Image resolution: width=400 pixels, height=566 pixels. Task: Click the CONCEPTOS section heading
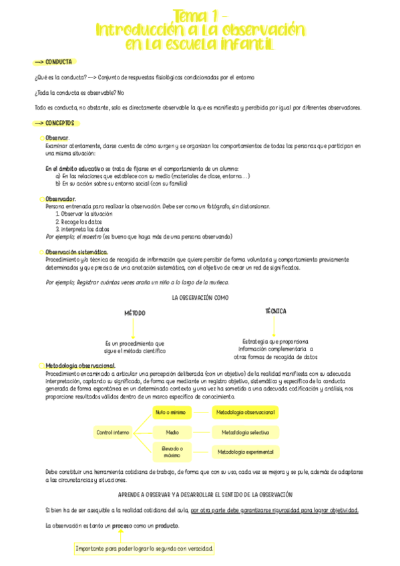59,123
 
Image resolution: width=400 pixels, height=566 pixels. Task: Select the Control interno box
113,432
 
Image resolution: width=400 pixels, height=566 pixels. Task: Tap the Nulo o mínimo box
170,412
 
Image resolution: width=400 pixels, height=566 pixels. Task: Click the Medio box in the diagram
172,432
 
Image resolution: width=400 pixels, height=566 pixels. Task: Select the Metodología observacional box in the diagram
244,412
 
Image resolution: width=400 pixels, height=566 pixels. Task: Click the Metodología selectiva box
244,432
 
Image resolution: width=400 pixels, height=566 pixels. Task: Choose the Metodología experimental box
244,452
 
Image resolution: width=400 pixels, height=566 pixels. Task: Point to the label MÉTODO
134,313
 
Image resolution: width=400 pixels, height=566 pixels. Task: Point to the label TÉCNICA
275,311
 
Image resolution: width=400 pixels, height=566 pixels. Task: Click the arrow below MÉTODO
134,328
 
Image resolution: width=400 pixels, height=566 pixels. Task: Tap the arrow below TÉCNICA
275,326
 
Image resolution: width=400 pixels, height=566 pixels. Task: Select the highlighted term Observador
60,199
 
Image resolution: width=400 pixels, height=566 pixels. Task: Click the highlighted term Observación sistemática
76,252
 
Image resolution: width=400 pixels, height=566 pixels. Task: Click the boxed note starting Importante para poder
144,549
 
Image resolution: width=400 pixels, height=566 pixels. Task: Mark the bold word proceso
122,525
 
